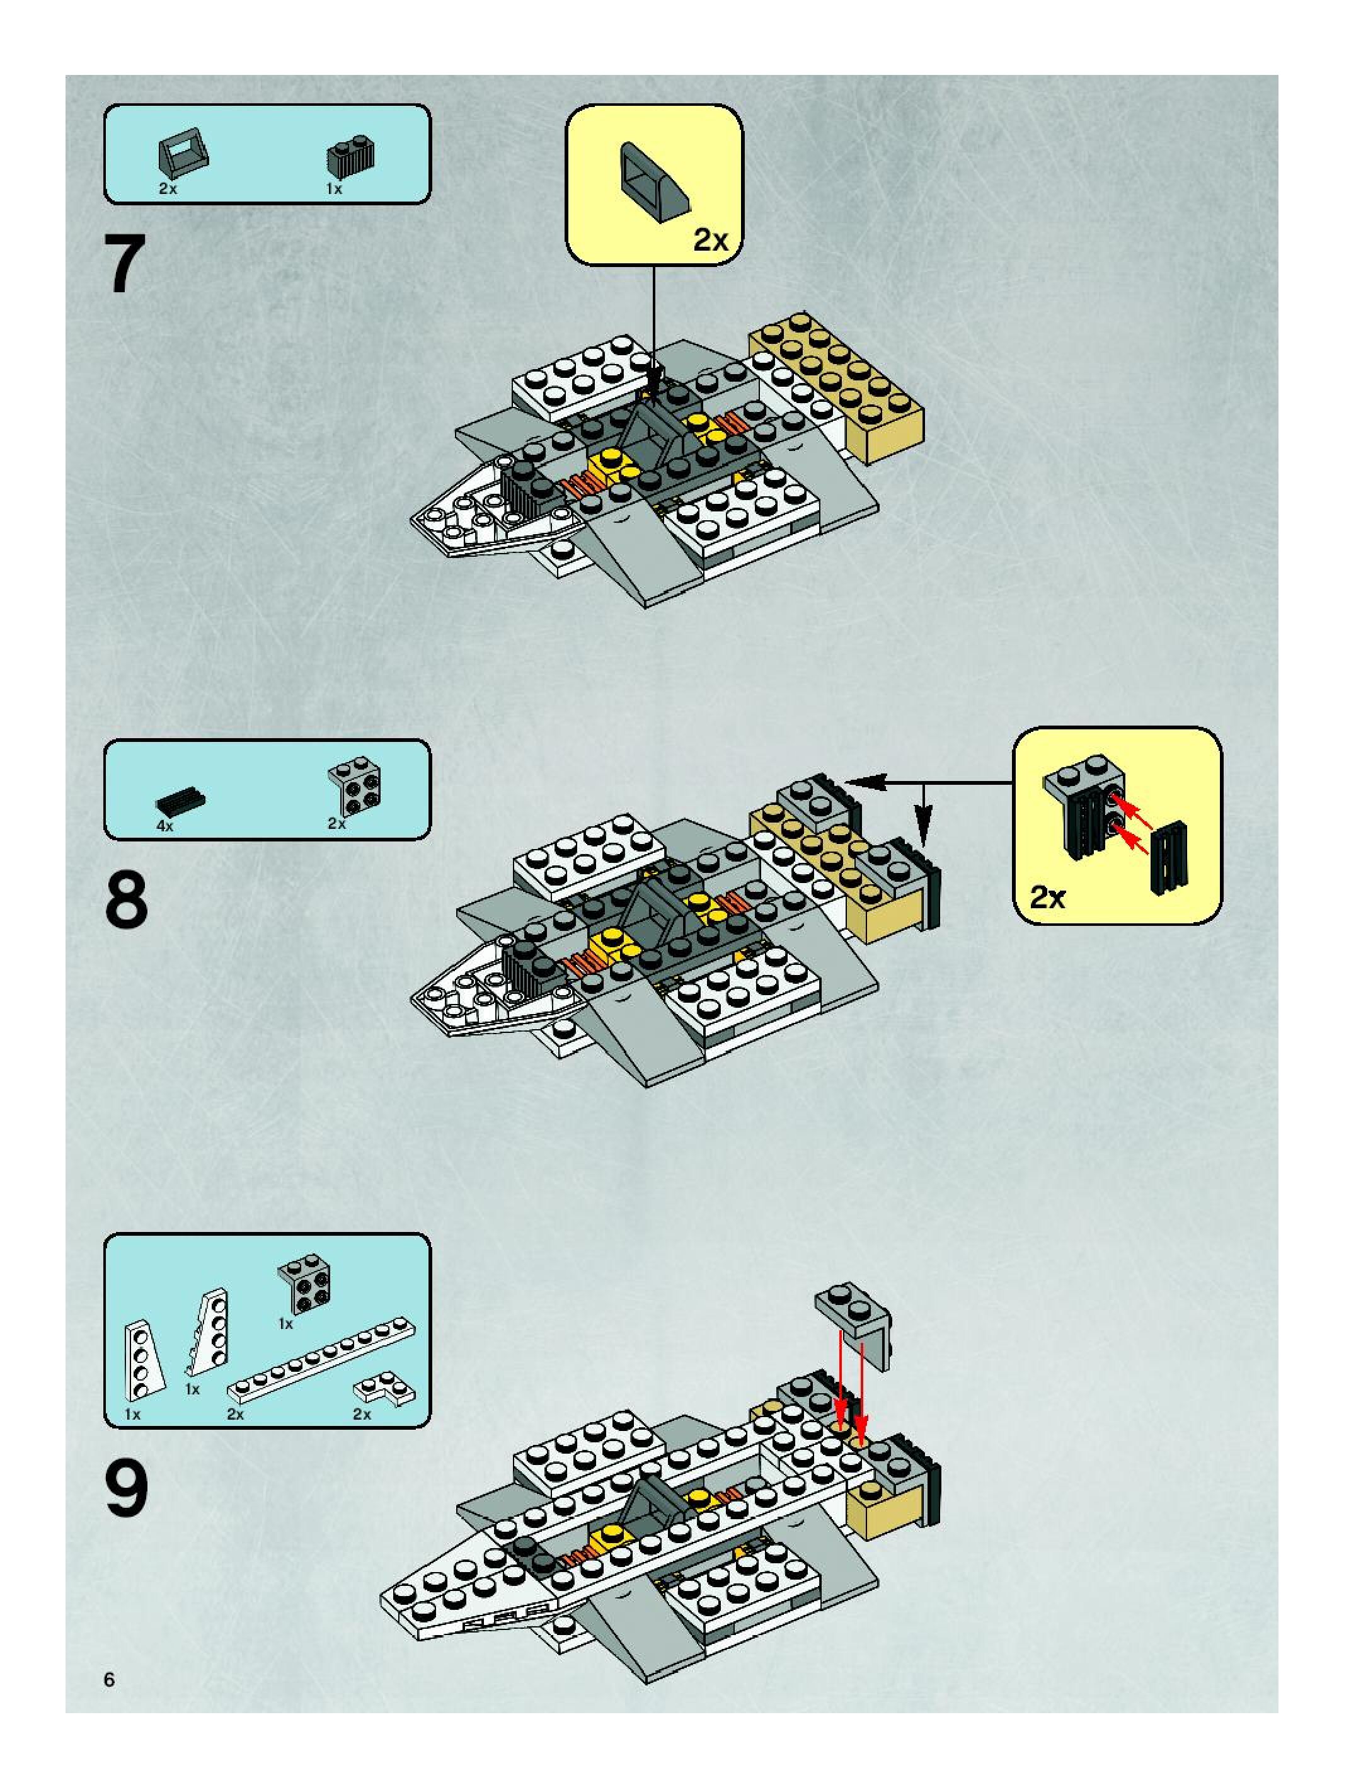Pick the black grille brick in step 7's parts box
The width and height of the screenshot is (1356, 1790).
click(x=350, y=156)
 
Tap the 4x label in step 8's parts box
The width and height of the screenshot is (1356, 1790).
click(x=165, y=826)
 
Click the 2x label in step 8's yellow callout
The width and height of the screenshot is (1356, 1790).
click(x=1048, y=897)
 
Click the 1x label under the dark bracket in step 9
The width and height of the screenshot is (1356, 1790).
click(x=285, y=1324)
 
